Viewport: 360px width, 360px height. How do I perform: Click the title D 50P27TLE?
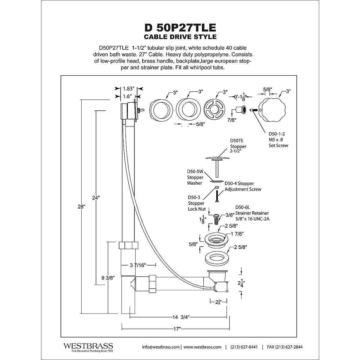point(180,28)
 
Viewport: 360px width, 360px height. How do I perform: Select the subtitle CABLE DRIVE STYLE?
point(180,37)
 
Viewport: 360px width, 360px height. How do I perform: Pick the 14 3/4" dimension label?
point(177,317)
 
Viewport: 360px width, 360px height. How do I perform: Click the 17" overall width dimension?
point(177,329)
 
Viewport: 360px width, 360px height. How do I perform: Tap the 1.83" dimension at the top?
point(128,88)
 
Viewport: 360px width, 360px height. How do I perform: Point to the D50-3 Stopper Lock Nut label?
point(196,203)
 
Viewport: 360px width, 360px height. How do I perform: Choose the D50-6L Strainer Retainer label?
point(252,213)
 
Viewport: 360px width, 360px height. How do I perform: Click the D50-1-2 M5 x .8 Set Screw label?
point(278,140)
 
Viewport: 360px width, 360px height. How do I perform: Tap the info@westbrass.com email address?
point(161,347)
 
